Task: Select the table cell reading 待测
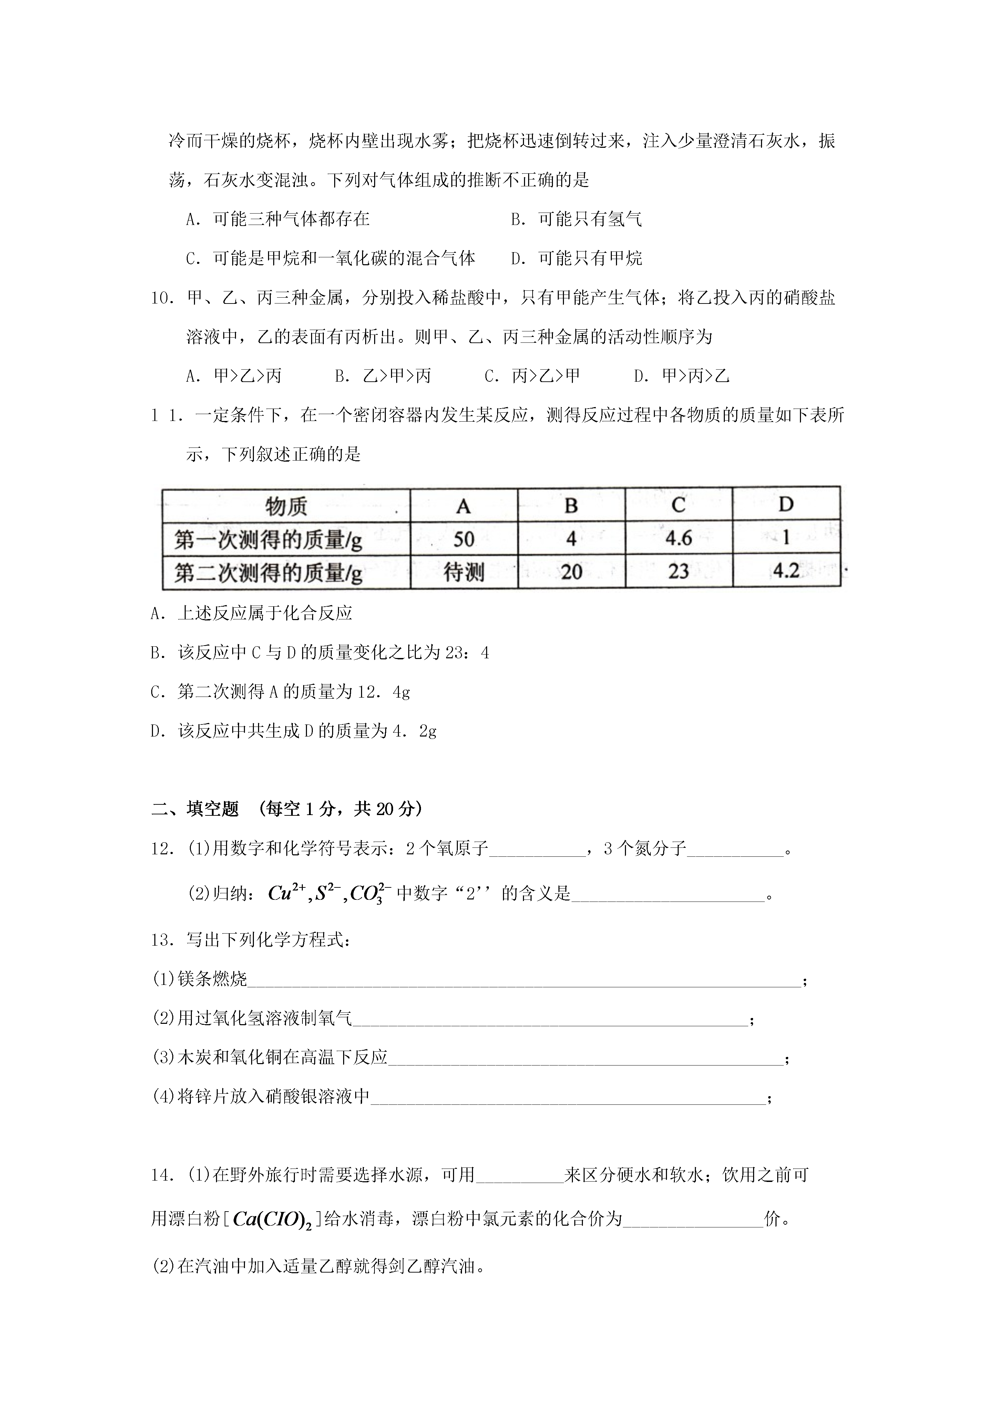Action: click(x=464, y=572)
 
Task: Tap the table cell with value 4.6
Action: click(x=679, y=538)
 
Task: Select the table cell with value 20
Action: click(x=571, y=572)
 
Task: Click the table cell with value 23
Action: click(x=679, y=572)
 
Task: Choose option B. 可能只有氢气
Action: click(x=576, y=219)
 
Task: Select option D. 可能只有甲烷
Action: click(x=576, y=258)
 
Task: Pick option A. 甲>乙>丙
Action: click(x=234, y=376)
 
